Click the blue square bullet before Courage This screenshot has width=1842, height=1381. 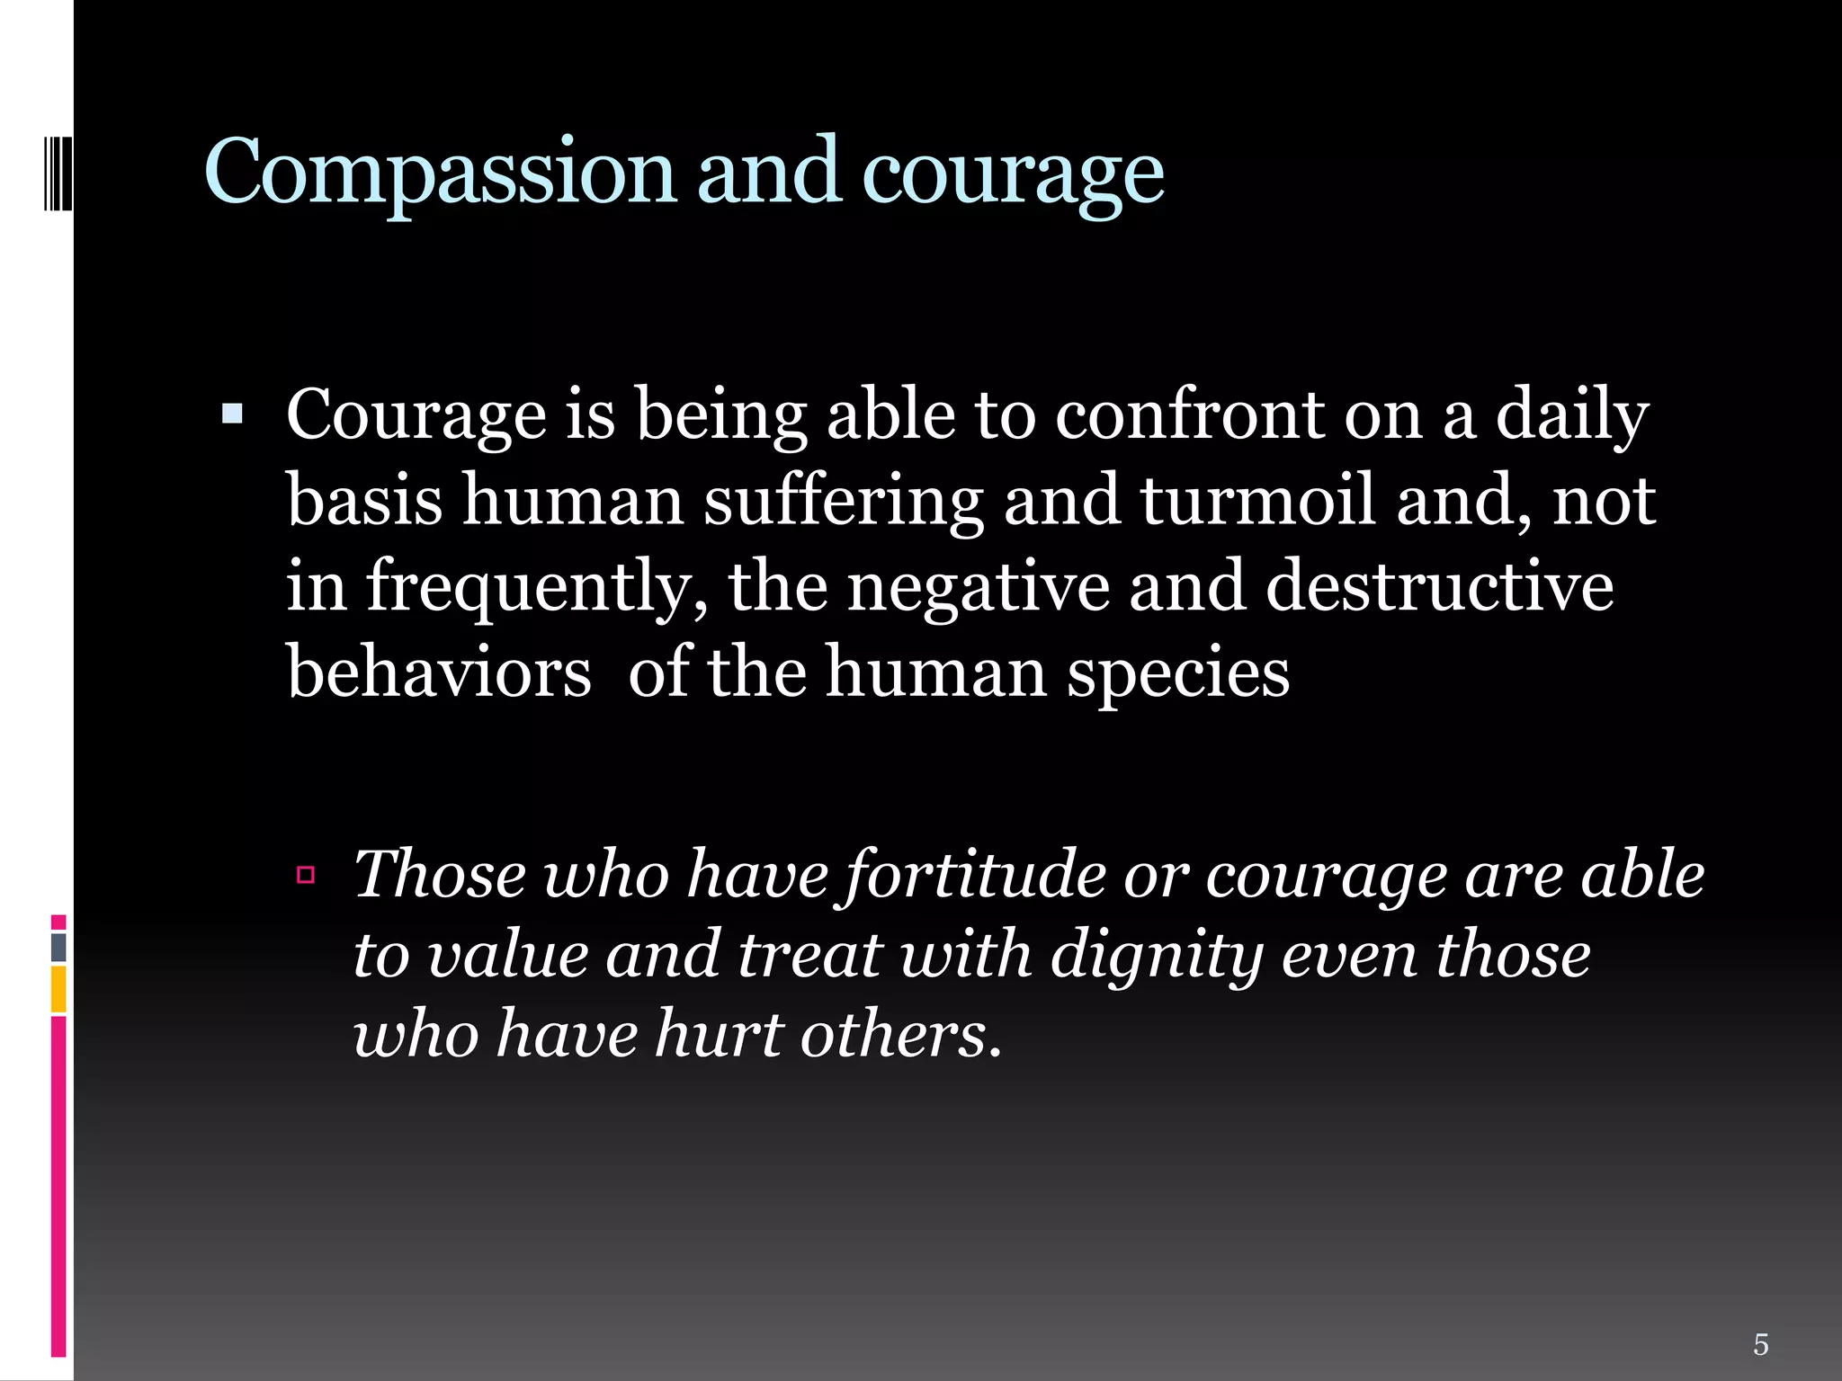(232, 414)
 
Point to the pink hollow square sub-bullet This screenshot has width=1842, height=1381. (306, 874)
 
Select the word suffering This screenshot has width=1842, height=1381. (843, 502)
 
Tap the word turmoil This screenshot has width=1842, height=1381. (1258, 500)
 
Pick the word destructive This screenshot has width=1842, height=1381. (1439, 586)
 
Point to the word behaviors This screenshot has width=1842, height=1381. (439, 672)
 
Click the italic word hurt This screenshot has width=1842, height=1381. (719, 1034)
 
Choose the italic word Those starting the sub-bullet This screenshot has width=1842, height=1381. (440, 874)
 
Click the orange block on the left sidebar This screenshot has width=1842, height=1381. (58, 989)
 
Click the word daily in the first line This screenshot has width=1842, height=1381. (1572, 417)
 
